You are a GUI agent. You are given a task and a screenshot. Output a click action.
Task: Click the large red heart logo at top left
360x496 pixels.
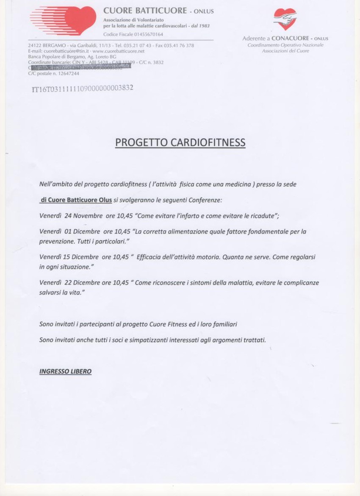point(64,20)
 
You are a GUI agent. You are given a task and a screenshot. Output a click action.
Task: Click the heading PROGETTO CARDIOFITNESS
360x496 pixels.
point(180,142)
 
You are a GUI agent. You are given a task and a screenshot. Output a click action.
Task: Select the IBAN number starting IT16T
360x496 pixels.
point(83,89)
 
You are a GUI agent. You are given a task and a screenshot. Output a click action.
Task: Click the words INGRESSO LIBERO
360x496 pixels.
point(65,371)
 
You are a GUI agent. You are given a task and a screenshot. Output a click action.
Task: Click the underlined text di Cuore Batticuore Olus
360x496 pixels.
point(76,200)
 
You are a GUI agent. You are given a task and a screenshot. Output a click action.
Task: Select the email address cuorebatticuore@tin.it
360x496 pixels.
point(63,51)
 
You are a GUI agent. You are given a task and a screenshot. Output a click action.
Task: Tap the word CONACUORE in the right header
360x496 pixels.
point(290,39)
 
